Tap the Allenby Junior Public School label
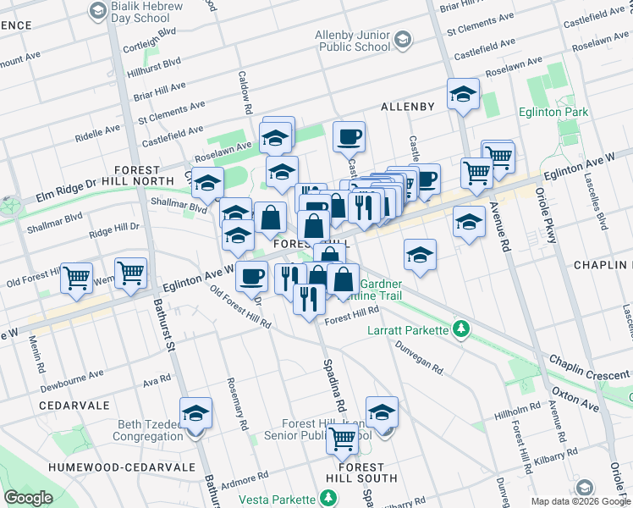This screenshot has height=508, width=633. coord(339,40)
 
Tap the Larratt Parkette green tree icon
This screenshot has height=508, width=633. coord(461,328)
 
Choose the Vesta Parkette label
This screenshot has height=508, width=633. coord(267,500)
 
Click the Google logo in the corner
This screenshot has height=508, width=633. coord(28,498)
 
